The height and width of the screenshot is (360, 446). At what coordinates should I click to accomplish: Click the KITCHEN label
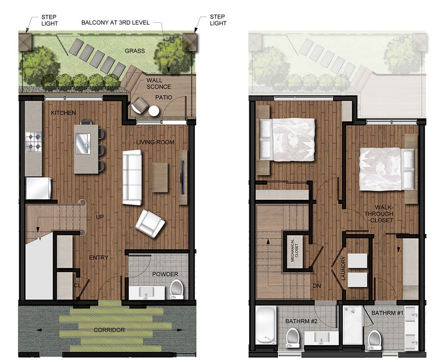pos(63,113)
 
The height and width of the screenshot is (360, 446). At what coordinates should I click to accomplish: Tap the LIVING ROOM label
pos(155,142)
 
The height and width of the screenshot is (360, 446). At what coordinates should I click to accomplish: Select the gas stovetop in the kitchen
pos(33,142)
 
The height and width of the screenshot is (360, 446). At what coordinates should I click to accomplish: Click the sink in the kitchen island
pos(83,144)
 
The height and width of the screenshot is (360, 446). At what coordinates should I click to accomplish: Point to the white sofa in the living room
pos(132,178)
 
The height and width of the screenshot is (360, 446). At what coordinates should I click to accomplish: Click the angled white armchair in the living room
pos(150,223)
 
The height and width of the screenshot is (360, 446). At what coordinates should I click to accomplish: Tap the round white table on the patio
pos(154,111)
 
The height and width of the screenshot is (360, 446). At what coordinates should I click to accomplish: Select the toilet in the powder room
pos(177,289)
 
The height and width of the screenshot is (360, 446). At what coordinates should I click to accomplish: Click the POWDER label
pos(165,274)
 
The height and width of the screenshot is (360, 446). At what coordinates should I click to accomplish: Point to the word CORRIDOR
pos(109,330)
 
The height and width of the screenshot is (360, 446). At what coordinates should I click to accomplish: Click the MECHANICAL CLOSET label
pos(294,250)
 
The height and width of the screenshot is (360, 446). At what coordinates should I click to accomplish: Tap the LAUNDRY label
pos(343,269)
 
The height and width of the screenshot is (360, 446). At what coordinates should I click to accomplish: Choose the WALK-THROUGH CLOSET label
pos(380,214)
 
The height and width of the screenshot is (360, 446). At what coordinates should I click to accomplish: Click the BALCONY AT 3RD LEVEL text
pos(116,23)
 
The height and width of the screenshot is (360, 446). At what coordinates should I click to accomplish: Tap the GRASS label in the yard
pos(135,51)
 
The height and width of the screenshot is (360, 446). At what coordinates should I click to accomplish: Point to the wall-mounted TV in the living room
pos(182,177)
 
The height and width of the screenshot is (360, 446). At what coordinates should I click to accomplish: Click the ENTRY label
pos(99,257)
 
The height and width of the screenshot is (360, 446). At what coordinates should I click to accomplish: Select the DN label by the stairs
pos(317,286)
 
